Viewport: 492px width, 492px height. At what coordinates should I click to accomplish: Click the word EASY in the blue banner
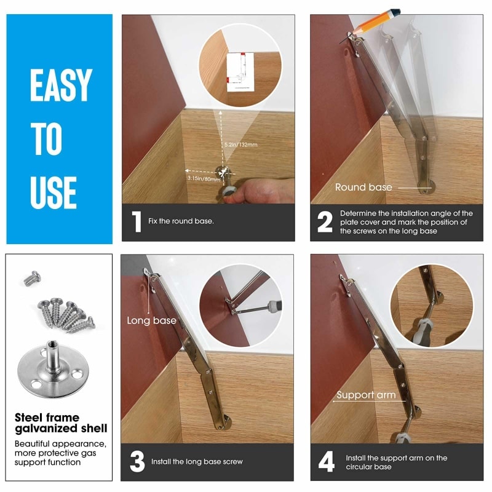(x=60, y=85)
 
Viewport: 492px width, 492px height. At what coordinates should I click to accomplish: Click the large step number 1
(x=135, y=222)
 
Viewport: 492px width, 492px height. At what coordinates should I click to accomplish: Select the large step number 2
(x=325, y=222)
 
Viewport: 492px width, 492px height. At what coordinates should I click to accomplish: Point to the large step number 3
(x=137, y=461)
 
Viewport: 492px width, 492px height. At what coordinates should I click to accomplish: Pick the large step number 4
(x=325, y=462)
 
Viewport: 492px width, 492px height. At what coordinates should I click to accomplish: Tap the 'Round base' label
(x=363, y=187)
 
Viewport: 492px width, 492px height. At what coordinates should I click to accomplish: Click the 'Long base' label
(x=151, y=320)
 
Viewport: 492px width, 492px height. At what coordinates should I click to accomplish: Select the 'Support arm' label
(x=365, y=395)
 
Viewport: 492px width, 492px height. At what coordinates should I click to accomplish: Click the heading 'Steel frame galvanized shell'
(x=61, y=423)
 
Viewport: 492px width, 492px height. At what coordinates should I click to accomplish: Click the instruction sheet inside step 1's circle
(x=240, y=71)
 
